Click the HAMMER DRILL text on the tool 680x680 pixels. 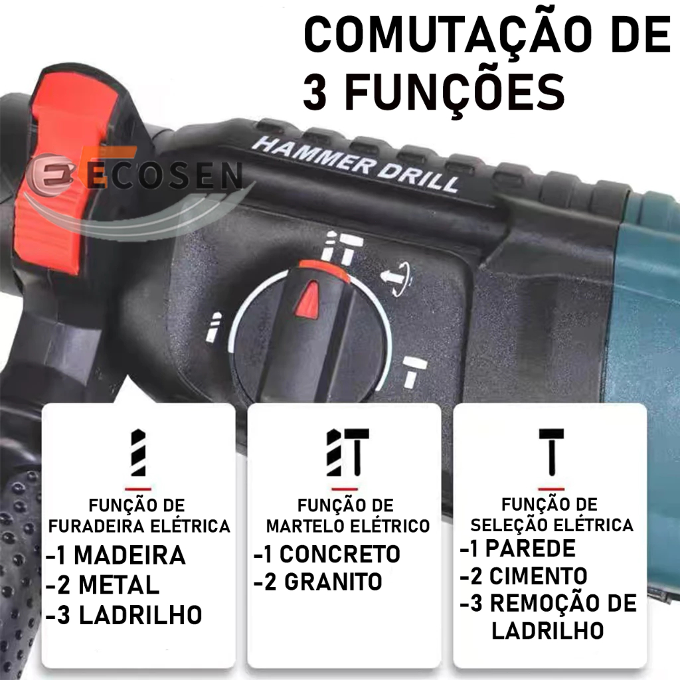(355, 164)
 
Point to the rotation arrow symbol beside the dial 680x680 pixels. (396, 278)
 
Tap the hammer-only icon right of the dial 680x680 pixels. (414, 371)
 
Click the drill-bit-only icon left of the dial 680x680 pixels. (213, 327)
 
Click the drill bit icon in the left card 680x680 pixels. (138, 453)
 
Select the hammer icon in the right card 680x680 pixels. (551, 452)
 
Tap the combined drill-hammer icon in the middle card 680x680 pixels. (348, 452)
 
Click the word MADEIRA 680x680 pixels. (129, 555)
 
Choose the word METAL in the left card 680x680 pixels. (119, 585)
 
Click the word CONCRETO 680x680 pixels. (339, 554)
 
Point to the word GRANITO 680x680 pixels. (333, 582)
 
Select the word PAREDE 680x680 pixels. (531, 548)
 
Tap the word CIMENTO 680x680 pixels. (538, 576)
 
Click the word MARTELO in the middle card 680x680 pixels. (305, 526)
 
